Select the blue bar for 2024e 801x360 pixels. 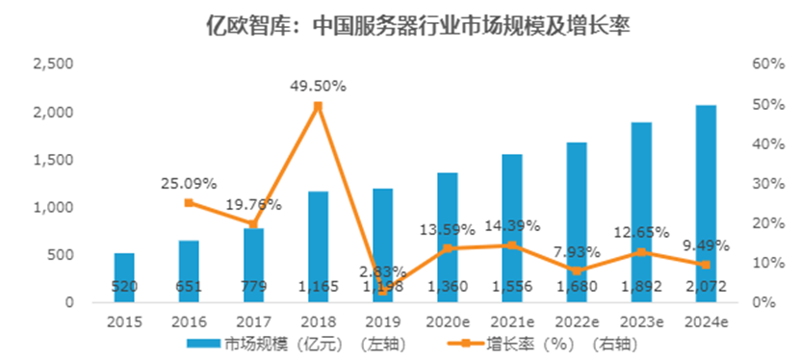[x=705, y=202]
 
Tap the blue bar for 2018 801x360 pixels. [x=318, y=245]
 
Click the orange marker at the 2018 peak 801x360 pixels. [x=318, y=106]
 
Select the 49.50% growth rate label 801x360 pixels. [x=318, y=86]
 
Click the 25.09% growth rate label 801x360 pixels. [x=189, y=183]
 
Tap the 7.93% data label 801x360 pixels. [x=576, y=252]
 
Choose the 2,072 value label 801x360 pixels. [x=705, y=286]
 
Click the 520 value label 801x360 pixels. [x=124, y=286]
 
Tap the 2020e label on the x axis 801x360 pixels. [x=447, y=321]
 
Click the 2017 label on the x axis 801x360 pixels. [x=253, y=321]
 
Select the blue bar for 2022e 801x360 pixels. [x=576, y=221]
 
